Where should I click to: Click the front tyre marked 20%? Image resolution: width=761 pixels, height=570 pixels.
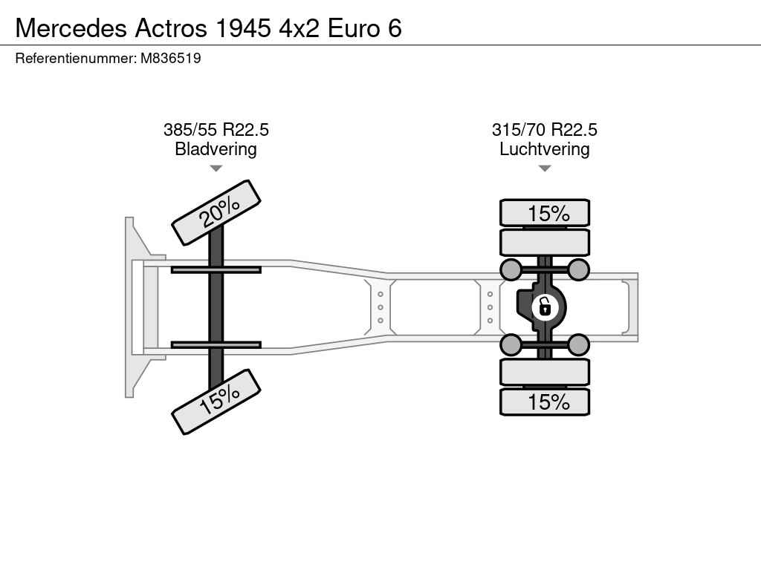(216, 213)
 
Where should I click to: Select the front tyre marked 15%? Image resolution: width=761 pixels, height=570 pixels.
(216, 402)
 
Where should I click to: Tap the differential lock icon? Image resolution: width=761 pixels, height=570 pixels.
(545, 307)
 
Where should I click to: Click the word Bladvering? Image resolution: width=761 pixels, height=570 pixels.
(216, 148)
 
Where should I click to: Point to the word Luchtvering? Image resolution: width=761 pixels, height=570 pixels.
(545, 148)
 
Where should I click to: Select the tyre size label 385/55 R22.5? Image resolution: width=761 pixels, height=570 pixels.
(216, 130)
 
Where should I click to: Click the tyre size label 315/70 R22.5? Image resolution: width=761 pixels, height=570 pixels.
(545, 130)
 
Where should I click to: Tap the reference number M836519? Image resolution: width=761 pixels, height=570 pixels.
(170, 58)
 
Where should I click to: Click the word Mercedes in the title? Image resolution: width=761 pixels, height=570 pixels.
(71, 28)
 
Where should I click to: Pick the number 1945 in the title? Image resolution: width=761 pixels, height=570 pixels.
(243, 28)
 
